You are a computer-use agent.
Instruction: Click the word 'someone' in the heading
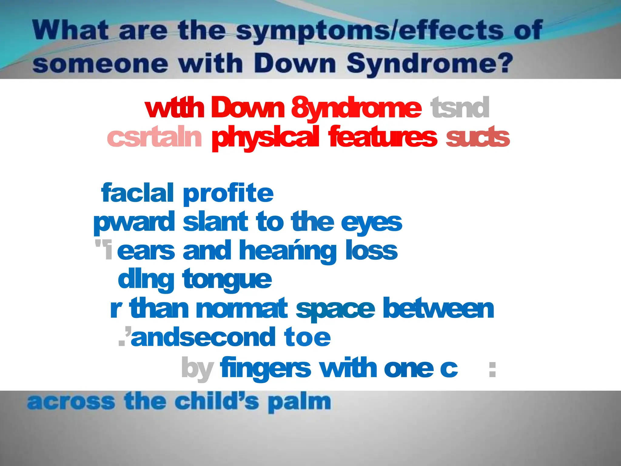(x=100, y=64)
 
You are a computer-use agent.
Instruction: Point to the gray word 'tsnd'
(x=460, y=108)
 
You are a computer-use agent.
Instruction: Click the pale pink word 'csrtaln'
(x=154, y=137)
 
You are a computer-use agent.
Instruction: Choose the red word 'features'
(x=383, y=137)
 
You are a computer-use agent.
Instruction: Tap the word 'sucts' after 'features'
(x=478, y=137)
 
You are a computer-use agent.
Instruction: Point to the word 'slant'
(x=215, y=222)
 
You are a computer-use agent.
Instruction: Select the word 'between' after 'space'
(x=438, y=309)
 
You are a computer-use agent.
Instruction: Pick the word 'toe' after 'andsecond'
(x=307, y=337)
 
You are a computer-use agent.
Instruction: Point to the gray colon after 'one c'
(x=492, y=370)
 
